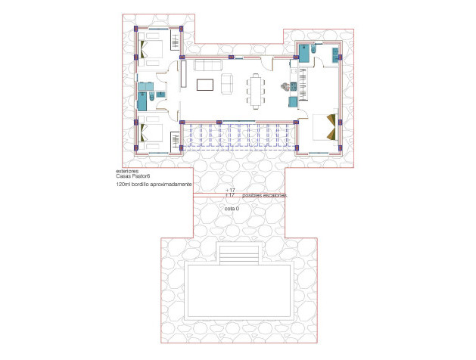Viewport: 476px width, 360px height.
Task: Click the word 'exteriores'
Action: point(117,172)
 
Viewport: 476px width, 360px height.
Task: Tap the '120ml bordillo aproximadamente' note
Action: point(148,185)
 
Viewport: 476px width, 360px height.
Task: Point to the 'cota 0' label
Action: point(232,207)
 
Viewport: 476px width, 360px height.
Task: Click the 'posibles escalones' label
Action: point(265,195)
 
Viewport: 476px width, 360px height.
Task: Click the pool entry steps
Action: point(238,255)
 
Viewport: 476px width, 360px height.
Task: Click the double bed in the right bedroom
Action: point(323,127)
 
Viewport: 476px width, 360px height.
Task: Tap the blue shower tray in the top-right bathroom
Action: point(304,53)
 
